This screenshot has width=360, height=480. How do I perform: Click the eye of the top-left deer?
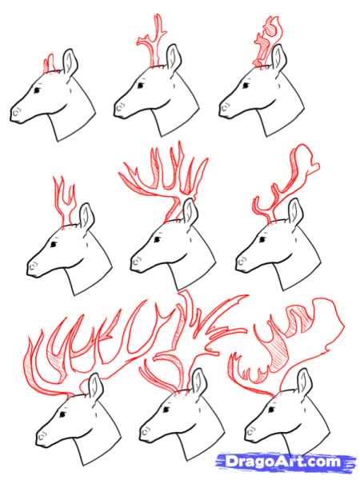tap(37, 90)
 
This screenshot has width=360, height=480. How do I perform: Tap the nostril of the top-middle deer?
tap(120, 106)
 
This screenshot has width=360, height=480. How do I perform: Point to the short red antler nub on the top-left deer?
tap(50, 63)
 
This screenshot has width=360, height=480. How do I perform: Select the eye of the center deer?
tap(158, 239)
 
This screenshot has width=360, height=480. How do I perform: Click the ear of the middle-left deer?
tap(86, 217)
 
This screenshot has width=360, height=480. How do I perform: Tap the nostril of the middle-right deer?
tap(242, 262)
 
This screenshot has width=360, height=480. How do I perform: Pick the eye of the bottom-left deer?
tap(62, 414)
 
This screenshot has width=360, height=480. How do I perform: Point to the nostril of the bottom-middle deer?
tap(146, 432)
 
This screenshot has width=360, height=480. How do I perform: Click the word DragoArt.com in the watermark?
tap(283, 461)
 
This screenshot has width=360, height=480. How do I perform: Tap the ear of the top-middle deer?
tap(174, 58)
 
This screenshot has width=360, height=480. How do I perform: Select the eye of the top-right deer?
tap(246, 85)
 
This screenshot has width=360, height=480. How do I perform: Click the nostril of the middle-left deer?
tap(33, 266)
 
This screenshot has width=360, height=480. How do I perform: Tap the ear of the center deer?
tap(190, 213)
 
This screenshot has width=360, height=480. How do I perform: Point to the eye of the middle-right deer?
tap(262, 239)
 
